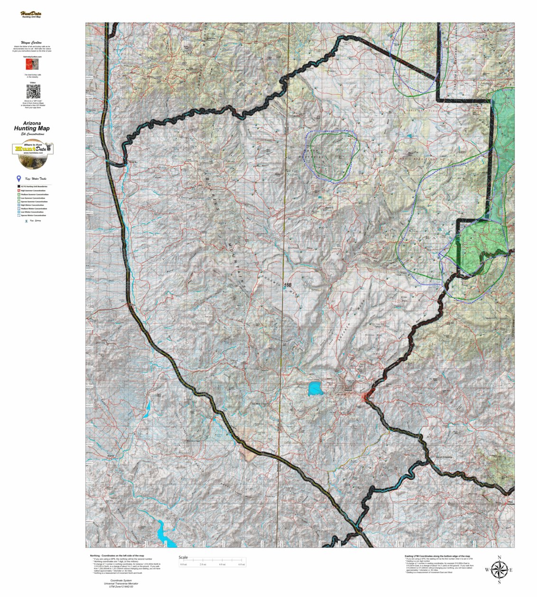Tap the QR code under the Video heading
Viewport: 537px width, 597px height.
(x=33, y=91)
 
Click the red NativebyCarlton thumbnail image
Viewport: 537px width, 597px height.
(x=33, y=65)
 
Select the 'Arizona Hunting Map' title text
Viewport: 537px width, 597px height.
(x=32, y=126)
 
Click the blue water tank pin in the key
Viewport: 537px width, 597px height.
(x=19, y=178)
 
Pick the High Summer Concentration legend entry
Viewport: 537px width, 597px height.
(x=32, y=190)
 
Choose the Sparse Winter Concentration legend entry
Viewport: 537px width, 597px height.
(x=32, y=215)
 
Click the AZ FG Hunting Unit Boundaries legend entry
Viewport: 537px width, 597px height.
(x=32, y=187)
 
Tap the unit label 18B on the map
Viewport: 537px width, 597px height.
(x=287, y=285)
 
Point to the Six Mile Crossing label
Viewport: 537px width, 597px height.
(x=260, y=404)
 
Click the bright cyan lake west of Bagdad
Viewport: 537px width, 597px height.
(x=315, y=389)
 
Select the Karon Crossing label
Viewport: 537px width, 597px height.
(x=444, y=457)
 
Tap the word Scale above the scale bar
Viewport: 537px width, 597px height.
(x=183, y=558)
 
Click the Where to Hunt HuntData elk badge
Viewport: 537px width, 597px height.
(x=32, y=155)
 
